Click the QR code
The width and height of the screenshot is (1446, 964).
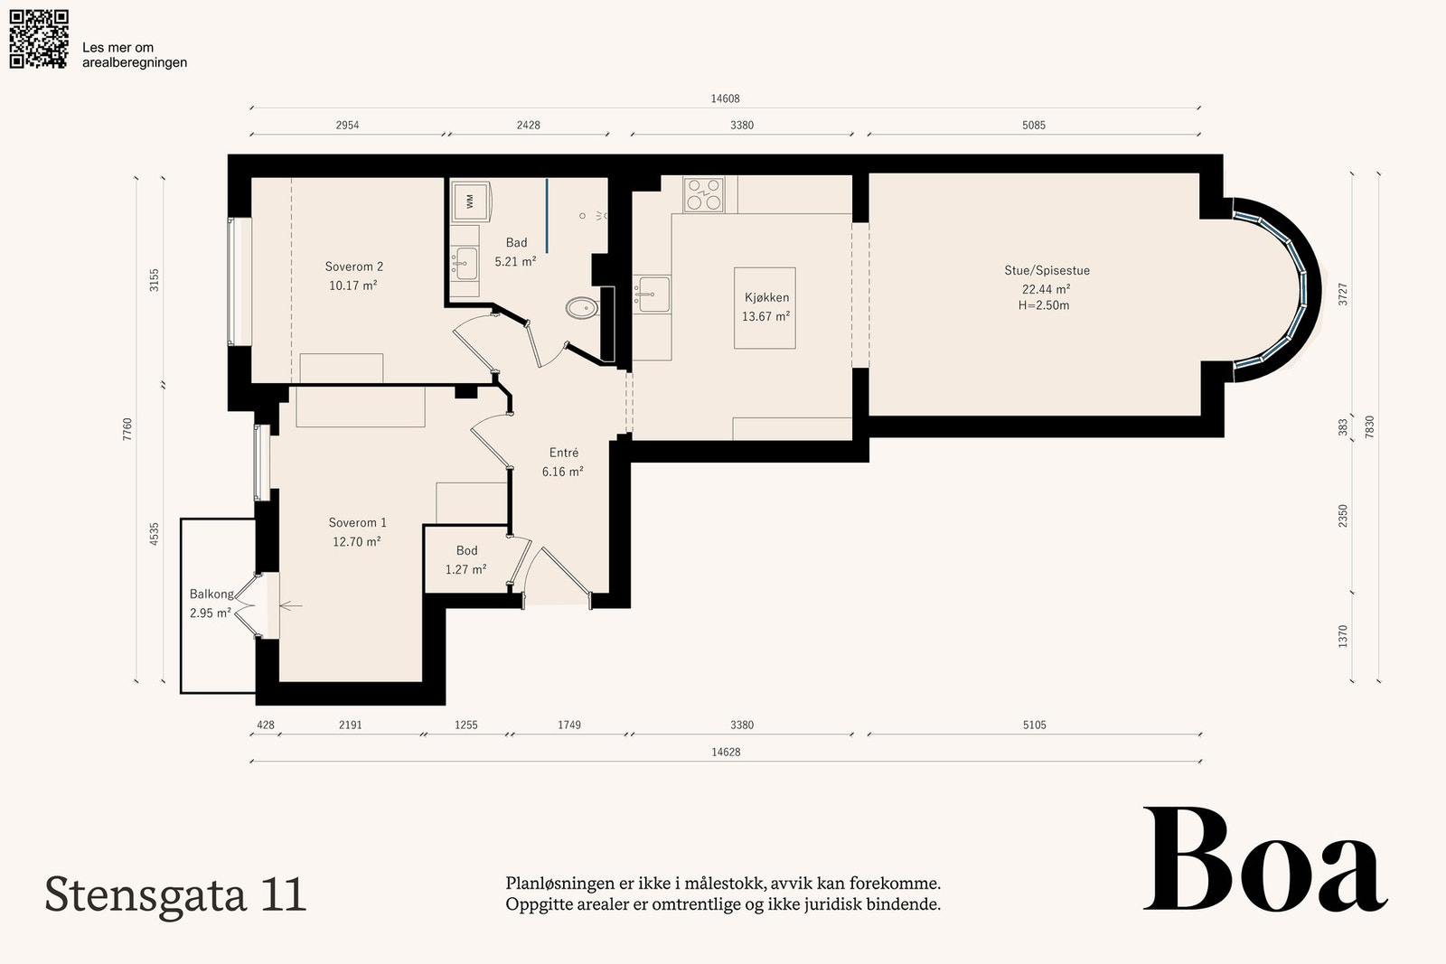tap(39, 39)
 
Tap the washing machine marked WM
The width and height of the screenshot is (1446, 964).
tap(471, 201)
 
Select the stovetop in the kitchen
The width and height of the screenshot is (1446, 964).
tap(704, 195)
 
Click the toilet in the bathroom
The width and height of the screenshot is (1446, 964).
tap(582, 308)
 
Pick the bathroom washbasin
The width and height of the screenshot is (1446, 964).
tap(465, 264)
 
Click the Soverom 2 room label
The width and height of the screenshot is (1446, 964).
tap(353, 267)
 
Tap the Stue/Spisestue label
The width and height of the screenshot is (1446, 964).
tap(1047, 270)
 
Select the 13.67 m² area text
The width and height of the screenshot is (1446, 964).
tap(765, 316)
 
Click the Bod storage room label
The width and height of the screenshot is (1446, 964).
tap(466, 550)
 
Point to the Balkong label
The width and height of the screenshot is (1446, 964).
tap(211, 594)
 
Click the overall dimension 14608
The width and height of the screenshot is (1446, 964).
tap(725, 98)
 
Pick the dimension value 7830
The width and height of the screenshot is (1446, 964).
tap(1370, 428)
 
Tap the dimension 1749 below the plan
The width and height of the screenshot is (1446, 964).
tap(569, 725)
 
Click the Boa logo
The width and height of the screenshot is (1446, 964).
tap(1266, 859)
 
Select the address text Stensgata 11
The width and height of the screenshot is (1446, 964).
tap(175, 895)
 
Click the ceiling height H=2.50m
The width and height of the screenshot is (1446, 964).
tap(1044, 305)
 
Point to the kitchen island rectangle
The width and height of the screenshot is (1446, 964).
tap(765, 308)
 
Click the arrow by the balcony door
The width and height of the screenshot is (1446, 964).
tap(290, 606)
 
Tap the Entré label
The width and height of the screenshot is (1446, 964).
tap(564, 453)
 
